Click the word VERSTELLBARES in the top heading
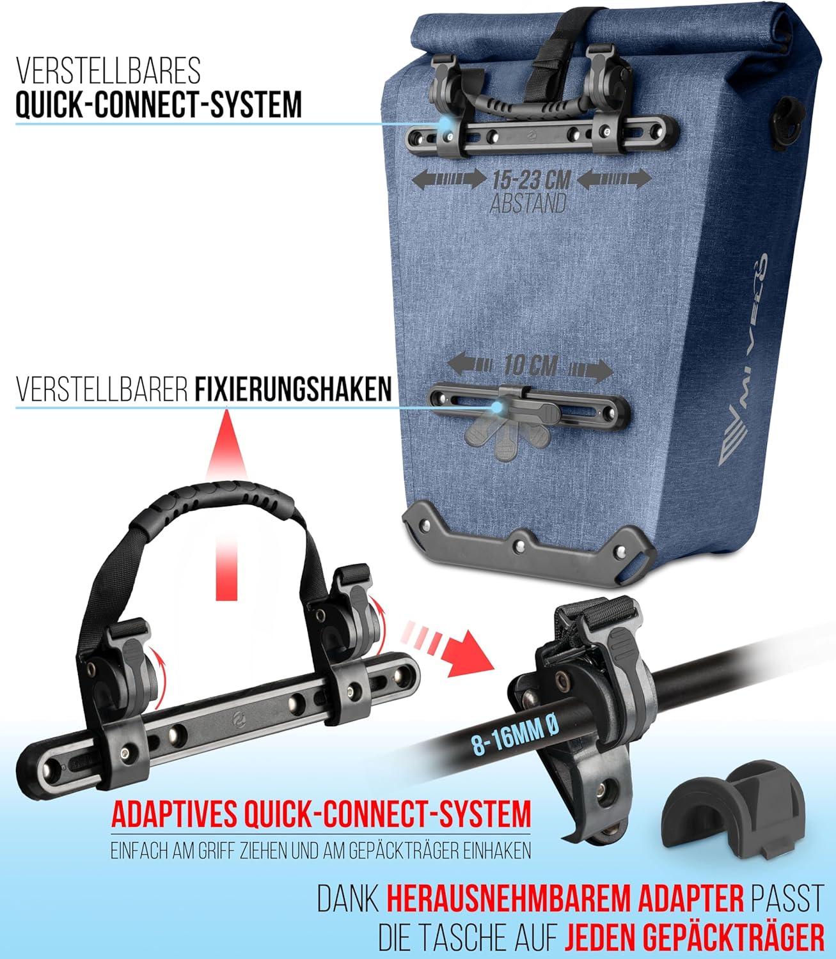point(108,71)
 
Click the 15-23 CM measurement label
point(532,180)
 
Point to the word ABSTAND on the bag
point(528,203)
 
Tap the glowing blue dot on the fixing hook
point(496,407)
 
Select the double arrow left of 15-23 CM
point(449,179)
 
